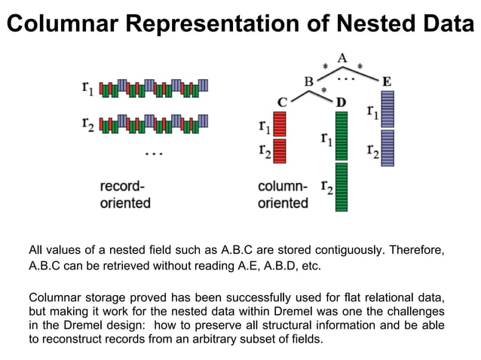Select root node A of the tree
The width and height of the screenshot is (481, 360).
tap(342, 57)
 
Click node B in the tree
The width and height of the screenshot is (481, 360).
tap(308, 81)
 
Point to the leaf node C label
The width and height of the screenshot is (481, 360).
tap(282, 102)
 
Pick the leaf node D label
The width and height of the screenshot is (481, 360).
tap(341, 102)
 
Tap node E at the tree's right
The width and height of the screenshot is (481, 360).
tap(386, 81)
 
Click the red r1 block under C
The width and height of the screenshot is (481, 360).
tap(280, 123)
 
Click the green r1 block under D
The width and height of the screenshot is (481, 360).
tap(341, 135)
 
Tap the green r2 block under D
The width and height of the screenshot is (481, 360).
tap(341, 186)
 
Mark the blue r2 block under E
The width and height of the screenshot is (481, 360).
tap(388, 148)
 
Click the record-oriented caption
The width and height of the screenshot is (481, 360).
tap(125, 194)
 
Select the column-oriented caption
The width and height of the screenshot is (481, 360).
tap(283, 194)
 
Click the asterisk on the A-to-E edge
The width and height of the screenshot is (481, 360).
tap(360, 67)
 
